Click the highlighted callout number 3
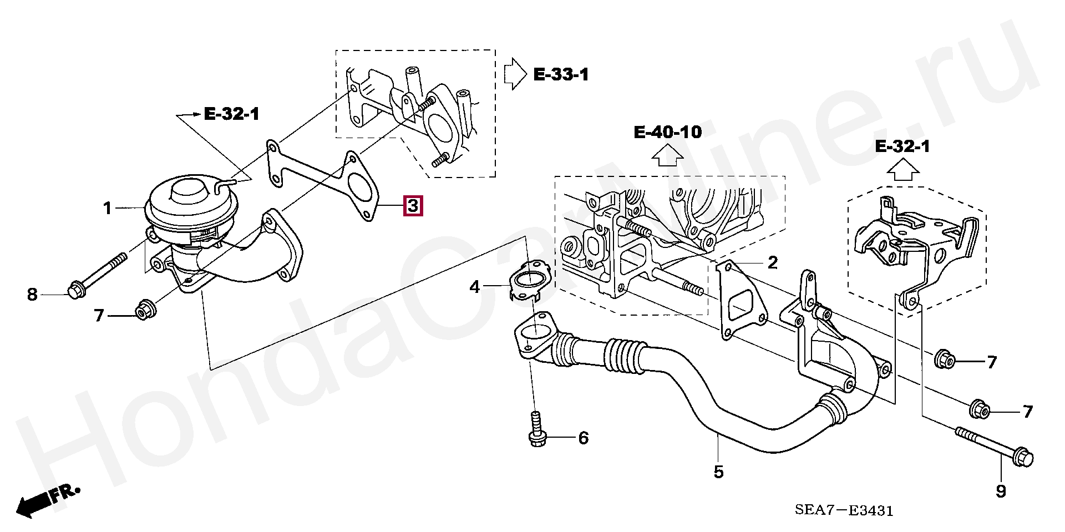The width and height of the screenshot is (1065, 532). (413, 206)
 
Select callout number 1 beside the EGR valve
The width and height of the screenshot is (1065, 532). (108, 209)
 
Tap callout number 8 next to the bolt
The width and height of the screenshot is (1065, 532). (32, 294)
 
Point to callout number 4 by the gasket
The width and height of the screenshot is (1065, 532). (475, 287)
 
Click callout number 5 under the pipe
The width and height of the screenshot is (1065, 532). (718, 472)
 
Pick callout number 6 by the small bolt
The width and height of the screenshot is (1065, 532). (583, 438)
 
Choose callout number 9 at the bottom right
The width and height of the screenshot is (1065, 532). (1001, 492)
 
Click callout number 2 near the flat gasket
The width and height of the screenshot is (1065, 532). (773, 262)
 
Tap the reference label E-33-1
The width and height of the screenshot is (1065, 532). (561, 74)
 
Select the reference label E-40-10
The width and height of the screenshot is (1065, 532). (667, 132)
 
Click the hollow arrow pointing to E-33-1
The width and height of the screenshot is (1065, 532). (514, 74)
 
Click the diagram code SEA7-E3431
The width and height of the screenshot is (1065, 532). (844, 510)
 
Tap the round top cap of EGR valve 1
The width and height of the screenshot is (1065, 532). (187, 191)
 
